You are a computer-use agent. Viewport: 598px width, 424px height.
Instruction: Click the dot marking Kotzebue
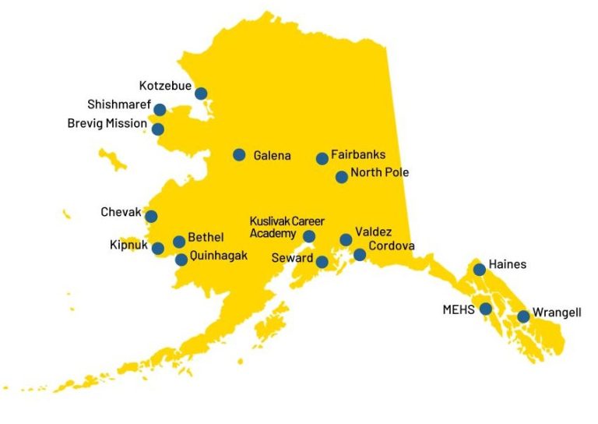(x=201, y=94)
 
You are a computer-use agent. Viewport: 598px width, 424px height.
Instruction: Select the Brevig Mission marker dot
(x=158, y=129)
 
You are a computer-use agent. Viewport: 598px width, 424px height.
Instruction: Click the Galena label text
(x=272, y=156)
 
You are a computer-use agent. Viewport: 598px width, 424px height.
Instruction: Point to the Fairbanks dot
(x=322, y=159)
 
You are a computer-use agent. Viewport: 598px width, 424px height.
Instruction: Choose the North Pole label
(x=379, y=173)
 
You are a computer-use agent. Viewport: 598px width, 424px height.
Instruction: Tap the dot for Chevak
(x=151, y=217)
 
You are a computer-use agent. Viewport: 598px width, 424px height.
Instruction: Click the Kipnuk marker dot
(x=158, y=249)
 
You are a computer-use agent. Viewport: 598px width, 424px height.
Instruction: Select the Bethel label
(x=206, y=237)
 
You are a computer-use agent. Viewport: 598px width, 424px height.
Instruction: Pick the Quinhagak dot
(x=181, y=260)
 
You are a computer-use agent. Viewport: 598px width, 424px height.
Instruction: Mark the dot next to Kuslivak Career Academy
(x=309, y=236)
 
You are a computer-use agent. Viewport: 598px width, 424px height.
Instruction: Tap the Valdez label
(x=373, y=231)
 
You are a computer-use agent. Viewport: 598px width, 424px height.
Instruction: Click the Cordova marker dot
(x=360, y=255)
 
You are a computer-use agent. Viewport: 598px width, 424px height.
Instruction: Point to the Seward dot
(x=322, y=262)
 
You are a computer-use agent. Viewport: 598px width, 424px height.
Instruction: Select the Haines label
(x=507, y=264)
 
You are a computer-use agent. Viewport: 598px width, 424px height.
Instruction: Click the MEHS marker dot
(x=486, y=309)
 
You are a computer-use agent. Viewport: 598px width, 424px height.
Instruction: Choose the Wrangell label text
(x=557, y=313)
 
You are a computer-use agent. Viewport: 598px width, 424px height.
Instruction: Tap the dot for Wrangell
(x=523, y=316)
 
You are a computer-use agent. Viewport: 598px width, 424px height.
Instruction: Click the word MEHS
(x=459, y=309)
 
